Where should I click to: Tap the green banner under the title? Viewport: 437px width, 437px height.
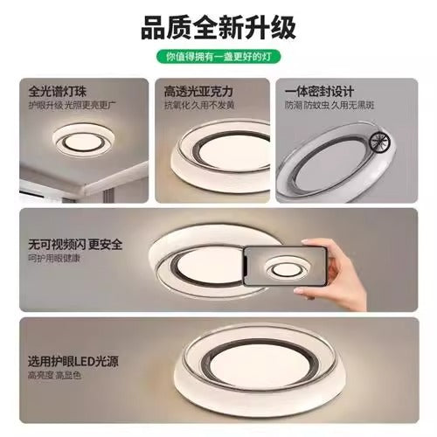pos(218,57)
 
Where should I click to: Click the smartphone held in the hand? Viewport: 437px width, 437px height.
pos(280,266)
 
